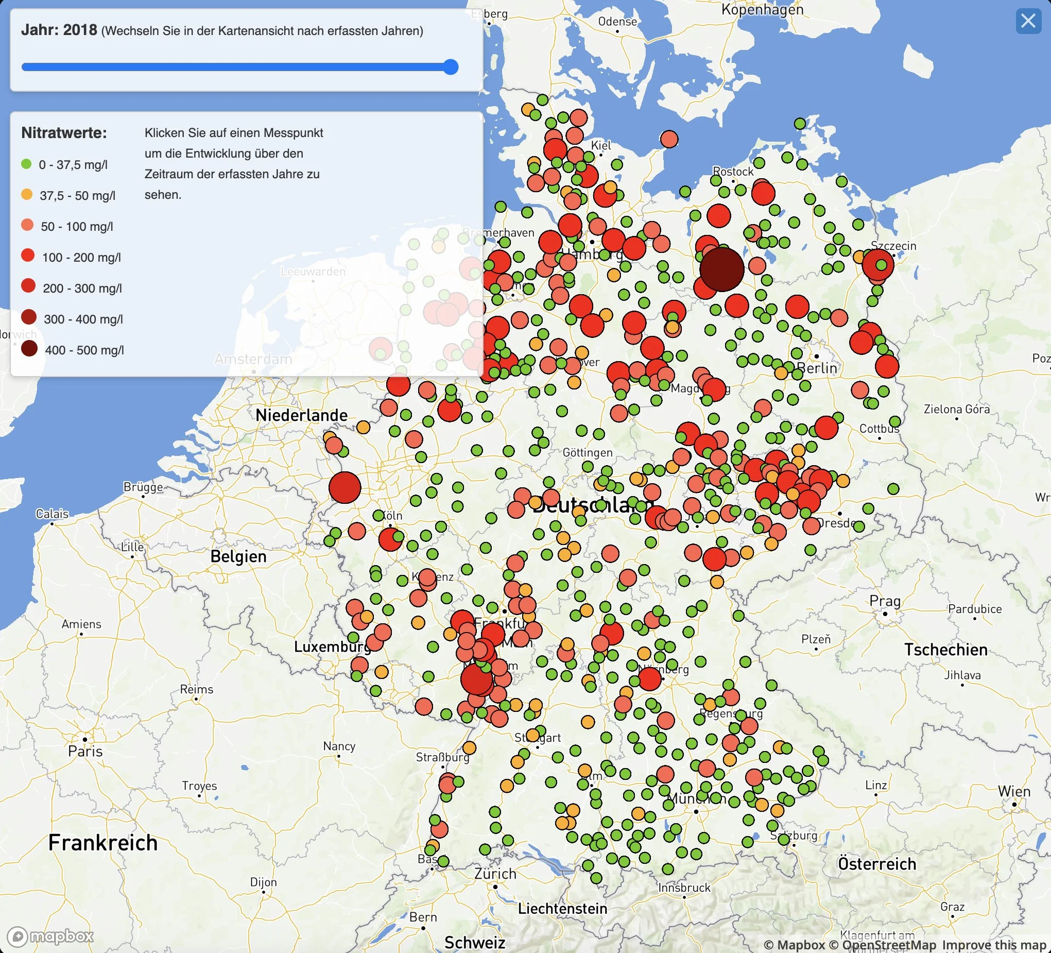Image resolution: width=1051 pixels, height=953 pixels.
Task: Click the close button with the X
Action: point(1028,21)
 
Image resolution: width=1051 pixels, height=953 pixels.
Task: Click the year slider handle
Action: point(451,67)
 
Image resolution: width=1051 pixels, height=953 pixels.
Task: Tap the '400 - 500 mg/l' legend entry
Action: point(84,350)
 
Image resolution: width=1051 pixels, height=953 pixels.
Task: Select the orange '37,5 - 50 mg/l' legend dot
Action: point(27,195)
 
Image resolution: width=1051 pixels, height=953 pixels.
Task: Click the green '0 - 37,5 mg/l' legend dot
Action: point(27,164)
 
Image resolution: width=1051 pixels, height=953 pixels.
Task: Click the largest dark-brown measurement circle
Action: point(722,269)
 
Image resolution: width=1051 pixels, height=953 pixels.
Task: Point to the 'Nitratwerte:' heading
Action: point(64,133)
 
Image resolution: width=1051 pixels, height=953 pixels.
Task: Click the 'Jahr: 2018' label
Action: point(59,30)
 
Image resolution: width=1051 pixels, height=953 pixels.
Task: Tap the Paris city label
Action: point(85,751)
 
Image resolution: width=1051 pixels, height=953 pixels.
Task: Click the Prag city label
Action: point(885,601)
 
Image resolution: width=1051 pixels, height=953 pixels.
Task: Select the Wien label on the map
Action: point(1014,791)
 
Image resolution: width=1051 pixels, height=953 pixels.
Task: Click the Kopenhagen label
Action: point(762,9)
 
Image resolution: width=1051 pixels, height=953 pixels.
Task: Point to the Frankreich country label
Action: point(102,843)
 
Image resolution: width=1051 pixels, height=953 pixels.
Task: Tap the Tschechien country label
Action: point(945,650)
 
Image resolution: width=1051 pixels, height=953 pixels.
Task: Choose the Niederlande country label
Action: point(301,415)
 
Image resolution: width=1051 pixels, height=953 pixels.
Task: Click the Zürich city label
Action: point(495,874)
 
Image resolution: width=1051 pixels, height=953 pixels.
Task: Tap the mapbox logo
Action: point(50,937)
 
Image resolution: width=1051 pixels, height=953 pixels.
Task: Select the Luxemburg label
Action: point(332,647)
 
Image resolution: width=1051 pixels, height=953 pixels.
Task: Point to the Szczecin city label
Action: point(893,246)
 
